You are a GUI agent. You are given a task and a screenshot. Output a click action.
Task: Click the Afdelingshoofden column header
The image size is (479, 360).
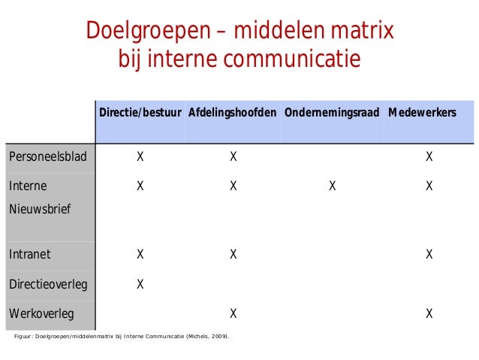point(232,112)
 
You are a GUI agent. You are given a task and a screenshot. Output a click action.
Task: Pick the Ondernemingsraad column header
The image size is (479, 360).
point(331,112)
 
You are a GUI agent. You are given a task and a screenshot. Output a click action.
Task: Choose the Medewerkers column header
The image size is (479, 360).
point(422,112)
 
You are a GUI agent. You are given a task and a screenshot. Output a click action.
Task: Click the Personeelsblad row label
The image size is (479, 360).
point(47,157)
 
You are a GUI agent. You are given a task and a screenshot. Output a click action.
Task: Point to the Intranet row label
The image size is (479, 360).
point(30,254)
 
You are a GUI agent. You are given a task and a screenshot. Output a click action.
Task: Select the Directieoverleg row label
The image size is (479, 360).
point(48,284)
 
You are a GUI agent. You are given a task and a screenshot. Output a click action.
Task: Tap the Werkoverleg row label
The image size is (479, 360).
point(41,313)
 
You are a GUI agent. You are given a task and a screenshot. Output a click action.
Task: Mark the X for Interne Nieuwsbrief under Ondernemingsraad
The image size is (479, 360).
point(332,186)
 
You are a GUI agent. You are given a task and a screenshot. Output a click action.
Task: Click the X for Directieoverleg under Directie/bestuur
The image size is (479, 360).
point(140,284)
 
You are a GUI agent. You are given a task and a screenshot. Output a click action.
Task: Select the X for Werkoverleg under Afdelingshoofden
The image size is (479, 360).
point(233,313)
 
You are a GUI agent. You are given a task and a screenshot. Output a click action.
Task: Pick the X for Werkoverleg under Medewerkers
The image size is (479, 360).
point(429,313)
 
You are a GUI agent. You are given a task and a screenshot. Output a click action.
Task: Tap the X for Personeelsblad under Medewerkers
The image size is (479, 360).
point(429,157)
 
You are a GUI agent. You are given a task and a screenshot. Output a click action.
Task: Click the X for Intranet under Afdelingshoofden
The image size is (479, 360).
point(233,254)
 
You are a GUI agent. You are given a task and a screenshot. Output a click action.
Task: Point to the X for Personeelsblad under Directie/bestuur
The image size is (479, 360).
point(140,157)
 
